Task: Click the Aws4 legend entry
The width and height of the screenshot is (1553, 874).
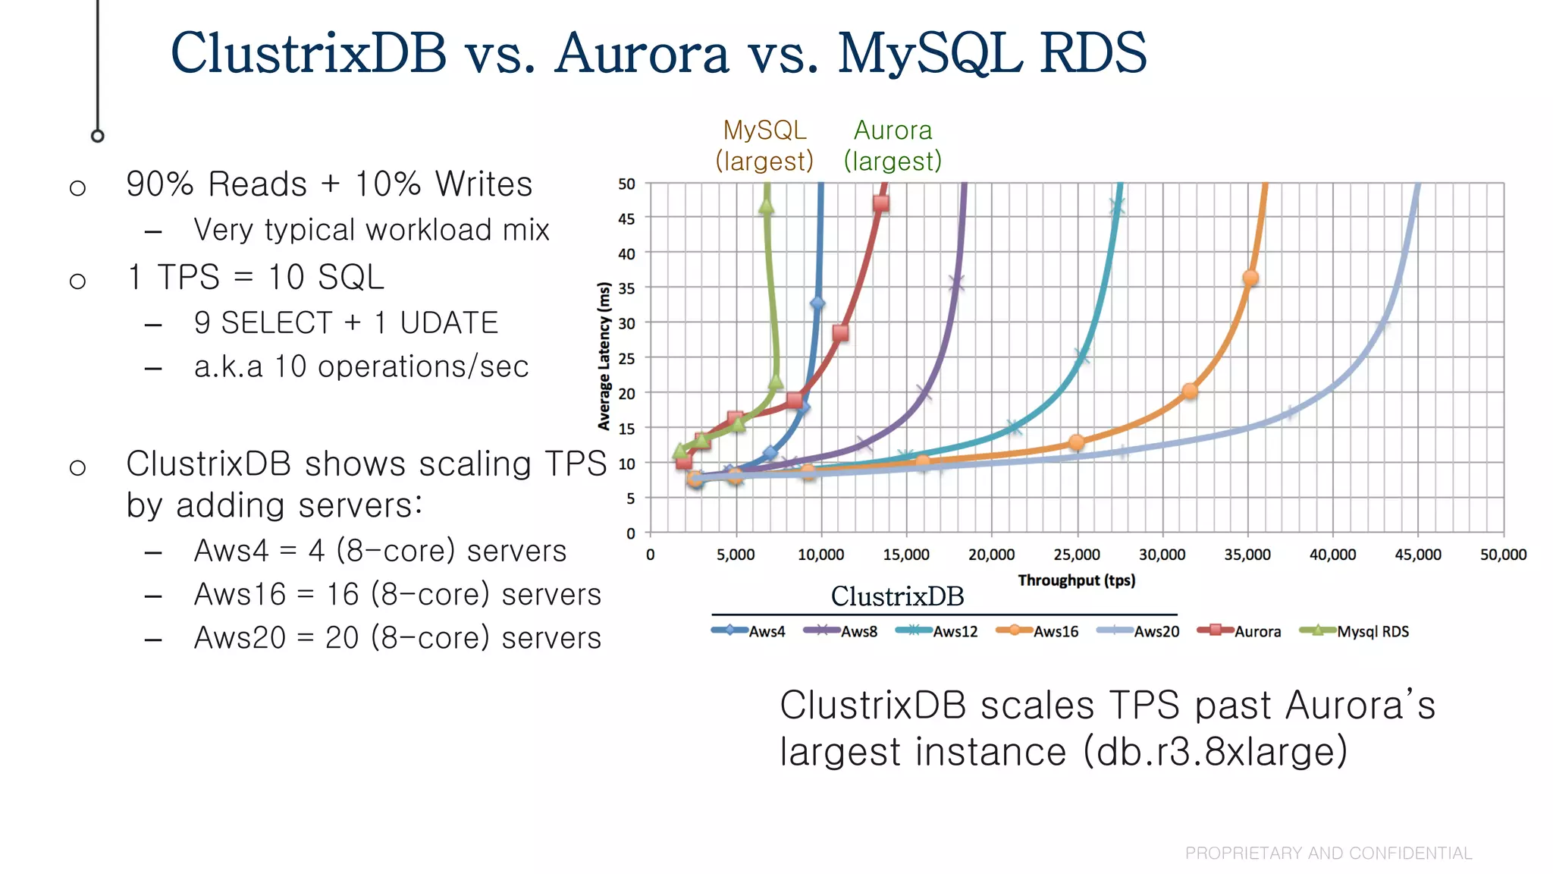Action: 749,631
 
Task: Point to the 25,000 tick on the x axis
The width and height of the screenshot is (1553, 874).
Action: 1077,555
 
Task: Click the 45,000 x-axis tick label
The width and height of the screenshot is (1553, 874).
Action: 1418,555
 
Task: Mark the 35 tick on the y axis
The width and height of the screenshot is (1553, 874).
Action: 626,288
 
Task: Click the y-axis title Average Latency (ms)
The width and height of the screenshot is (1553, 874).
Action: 604,356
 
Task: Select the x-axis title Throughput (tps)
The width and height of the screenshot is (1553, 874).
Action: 1076,580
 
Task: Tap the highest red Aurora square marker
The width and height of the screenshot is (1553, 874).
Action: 880,203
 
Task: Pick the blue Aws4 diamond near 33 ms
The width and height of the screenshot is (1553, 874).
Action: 817,303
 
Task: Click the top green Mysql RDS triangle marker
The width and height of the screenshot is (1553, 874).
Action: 766,206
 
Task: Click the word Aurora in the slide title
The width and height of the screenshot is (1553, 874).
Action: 641,53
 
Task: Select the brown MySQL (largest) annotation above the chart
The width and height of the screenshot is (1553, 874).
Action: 764,146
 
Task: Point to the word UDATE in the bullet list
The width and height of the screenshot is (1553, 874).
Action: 449,323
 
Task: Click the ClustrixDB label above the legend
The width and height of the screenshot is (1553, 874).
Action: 897,596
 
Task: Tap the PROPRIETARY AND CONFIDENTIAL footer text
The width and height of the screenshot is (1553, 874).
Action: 1329,854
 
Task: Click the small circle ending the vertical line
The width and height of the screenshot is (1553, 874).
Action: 98,137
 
